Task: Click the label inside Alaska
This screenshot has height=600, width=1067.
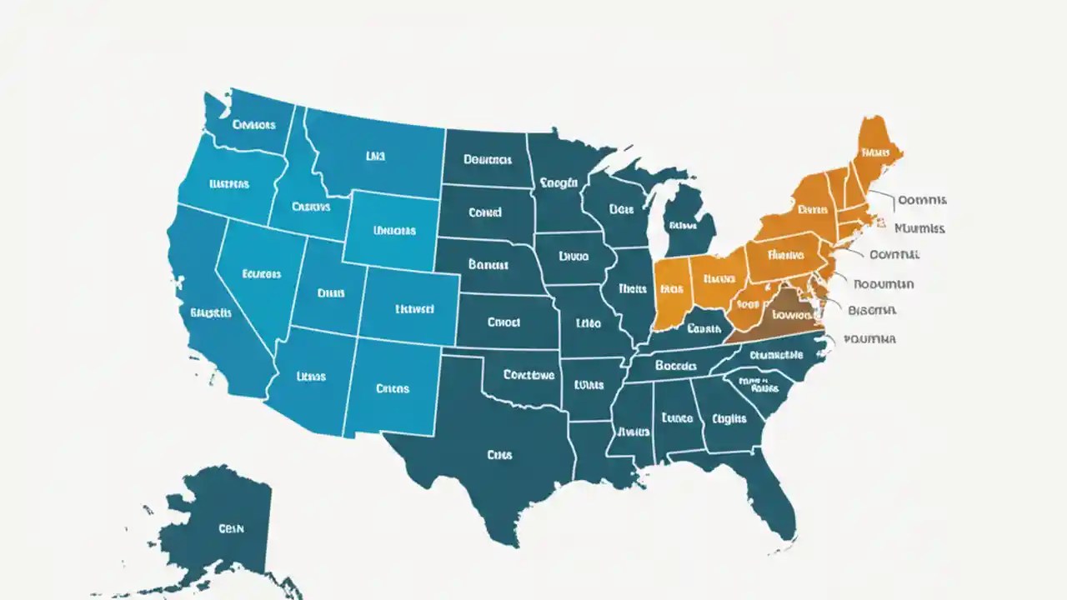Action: click(x=229, y=528)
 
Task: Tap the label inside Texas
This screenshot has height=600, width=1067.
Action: click(x=499, y=455)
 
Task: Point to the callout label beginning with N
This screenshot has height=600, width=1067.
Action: click(x=919, y=227)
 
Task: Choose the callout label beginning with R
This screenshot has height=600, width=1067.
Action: click(x=884, y=283)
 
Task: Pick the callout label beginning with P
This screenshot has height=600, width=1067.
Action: click(x=869, y=339)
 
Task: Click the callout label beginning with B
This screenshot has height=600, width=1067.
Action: click(x=872, y=310)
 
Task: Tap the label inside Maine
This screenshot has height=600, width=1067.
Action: click(x=875, y=152)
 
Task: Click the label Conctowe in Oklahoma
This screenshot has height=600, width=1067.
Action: click(x=528, y=375)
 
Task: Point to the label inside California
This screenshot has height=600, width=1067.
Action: click(x=211, y=313)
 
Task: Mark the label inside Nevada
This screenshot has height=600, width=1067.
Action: click(x=261, y=272)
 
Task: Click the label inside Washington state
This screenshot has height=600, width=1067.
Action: click(x=253, y=125)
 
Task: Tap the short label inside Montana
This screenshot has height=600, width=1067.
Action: click(x=376, y=155)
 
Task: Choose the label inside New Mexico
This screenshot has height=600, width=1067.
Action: click(x=393, y=388)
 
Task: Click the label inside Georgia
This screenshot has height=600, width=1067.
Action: click(x=729, y=419)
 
